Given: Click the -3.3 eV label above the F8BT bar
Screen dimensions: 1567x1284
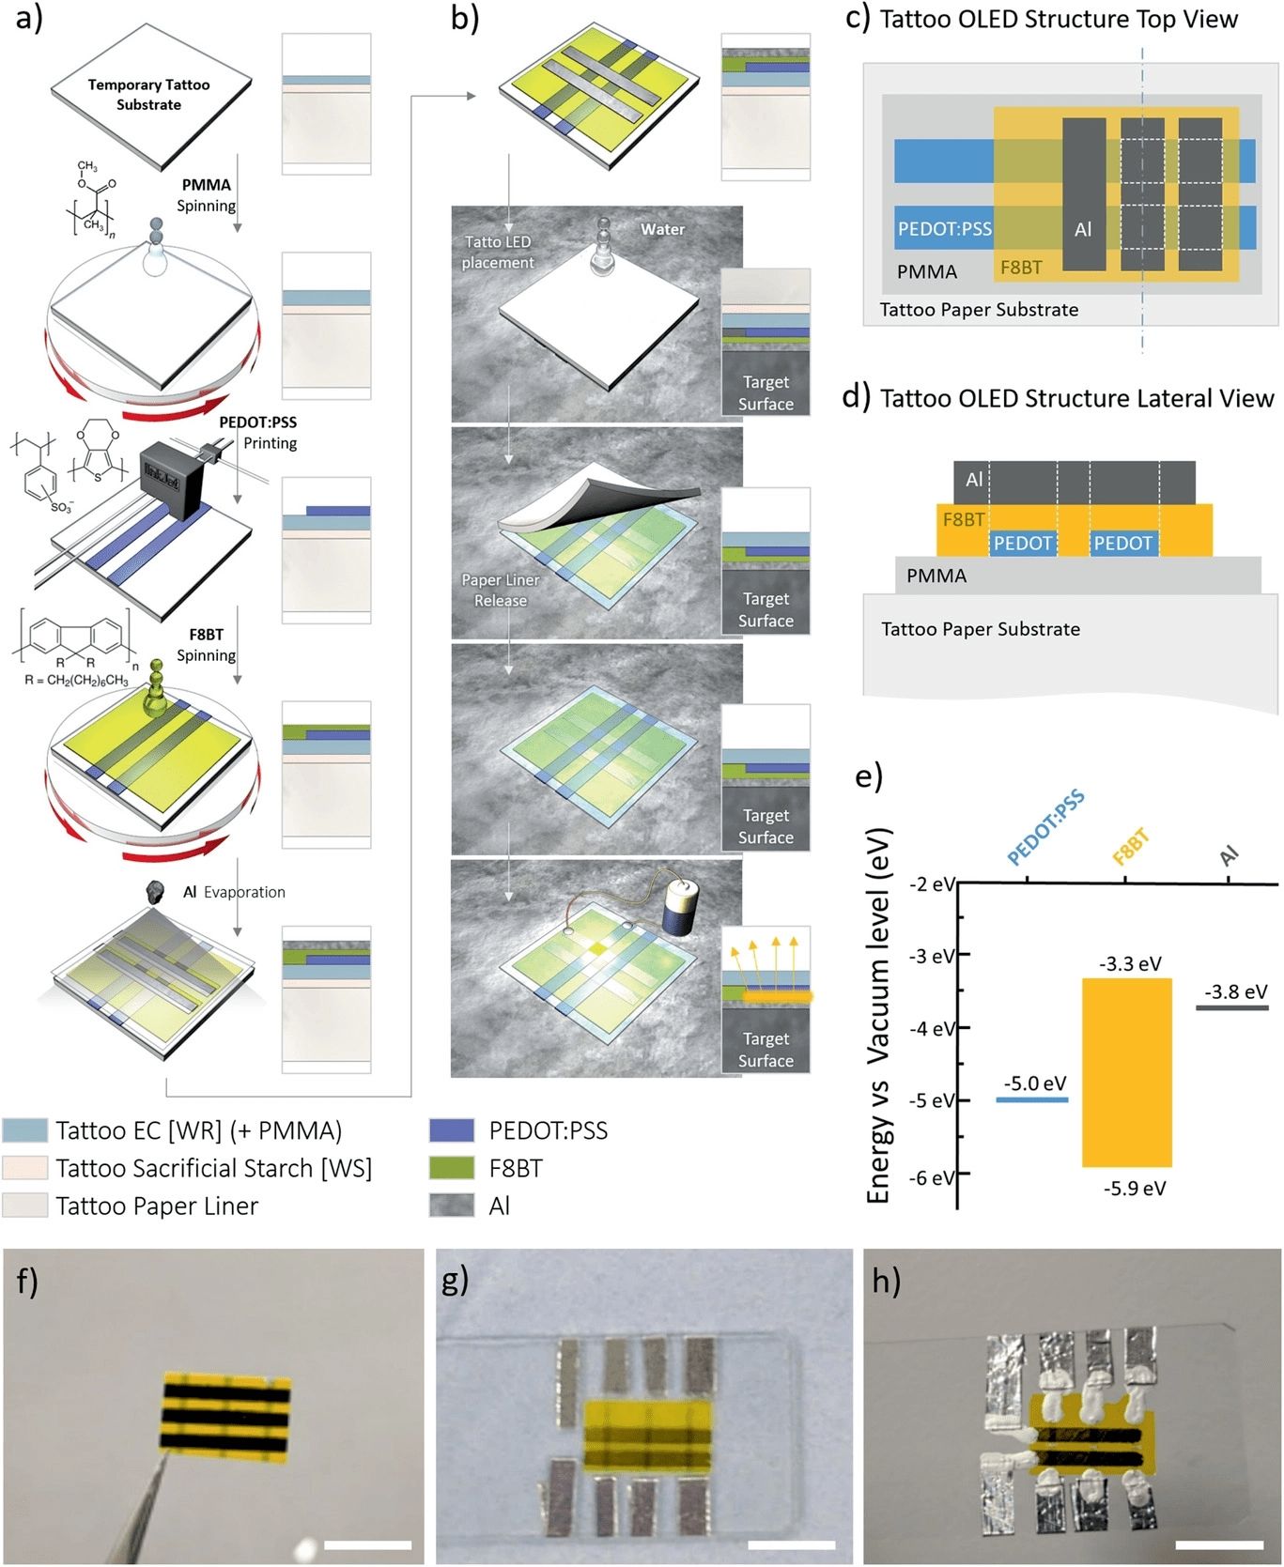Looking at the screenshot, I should pos(1130,963).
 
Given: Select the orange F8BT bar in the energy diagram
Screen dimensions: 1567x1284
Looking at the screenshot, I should pos(1126,1072).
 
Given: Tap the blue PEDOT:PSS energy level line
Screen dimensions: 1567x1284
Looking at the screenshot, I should pos(1031,1098).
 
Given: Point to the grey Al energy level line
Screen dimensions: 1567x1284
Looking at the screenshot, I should pos(1231,1007).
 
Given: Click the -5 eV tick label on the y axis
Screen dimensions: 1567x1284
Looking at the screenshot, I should pos(932,1100).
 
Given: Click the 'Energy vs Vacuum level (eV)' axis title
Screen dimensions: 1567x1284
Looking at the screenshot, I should pos(879,1014).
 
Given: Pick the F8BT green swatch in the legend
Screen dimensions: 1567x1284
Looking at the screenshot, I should pos(451,1168).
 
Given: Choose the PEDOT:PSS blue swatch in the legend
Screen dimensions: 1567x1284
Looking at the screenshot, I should pos(451,1130).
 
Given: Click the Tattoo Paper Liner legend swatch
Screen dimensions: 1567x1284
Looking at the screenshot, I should pos(24,1206).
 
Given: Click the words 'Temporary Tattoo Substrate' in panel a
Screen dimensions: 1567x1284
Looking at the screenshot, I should pos(148,94).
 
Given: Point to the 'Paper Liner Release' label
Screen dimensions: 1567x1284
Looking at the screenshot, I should pos(501,590).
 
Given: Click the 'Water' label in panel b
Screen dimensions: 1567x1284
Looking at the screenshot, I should pos(662,229).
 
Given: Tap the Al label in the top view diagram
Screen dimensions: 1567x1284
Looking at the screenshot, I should pos(1083,229).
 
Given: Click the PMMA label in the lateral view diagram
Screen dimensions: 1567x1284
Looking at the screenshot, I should pos(936,576).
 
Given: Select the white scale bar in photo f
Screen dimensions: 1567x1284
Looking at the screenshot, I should pos(367,1544).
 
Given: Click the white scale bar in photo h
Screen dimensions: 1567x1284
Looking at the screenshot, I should pos(1218,1544).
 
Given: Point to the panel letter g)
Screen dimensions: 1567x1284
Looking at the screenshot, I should pos(456,1280).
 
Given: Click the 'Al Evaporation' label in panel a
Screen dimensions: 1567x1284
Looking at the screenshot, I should pos(234,892).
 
